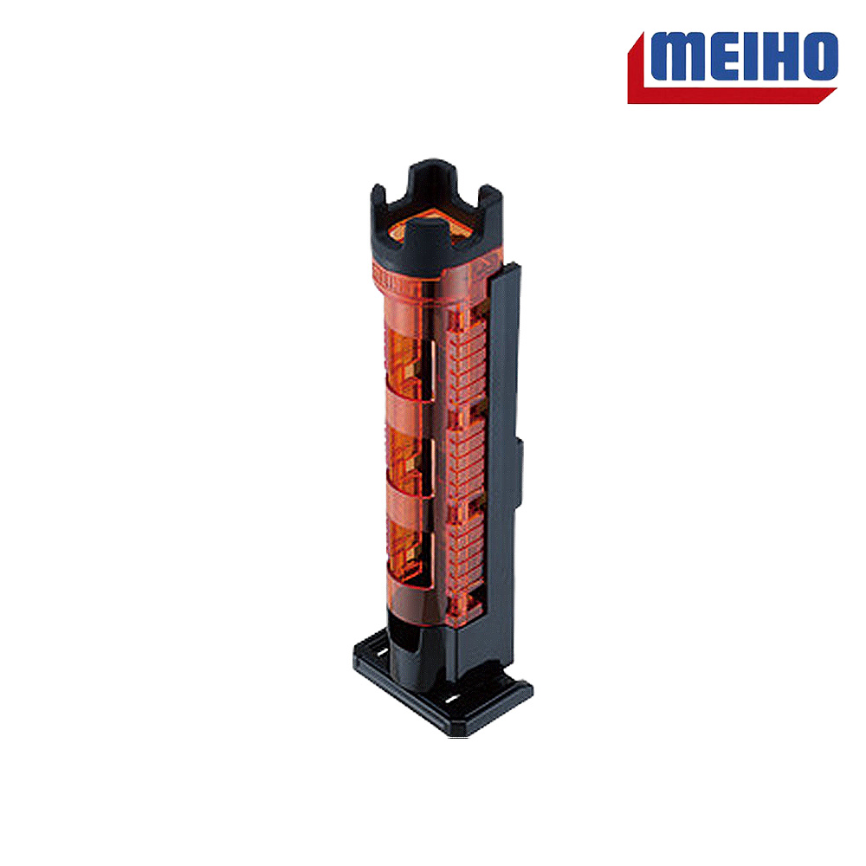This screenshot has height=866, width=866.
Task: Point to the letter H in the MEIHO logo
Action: tap(783, 56)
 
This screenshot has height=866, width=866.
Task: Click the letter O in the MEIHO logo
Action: tap(821, 56)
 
